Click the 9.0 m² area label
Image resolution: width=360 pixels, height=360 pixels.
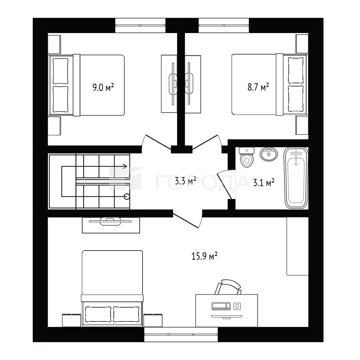(103, 88)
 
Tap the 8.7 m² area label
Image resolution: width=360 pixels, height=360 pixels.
(258, 87)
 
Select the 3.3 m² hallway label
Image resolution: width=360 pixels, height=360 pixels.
(185, 181)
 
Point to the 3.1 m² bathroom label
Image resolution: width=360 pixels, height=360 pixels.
(264, 183)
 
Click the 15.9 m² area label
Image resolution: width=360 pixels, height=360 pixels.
(205, 256)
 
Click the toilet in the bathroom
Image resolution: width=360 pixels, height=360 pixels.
(247, 157)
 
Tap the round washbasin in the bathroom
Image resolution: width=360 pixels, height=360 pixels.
(269, 154)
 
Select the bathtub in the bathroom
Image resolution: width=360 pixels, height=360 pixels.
(296, 178)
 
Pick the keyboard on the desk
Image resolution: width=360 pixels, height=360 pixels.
(221, 306)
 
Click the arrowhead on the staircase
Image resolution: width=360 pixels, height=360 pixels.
(125, 166)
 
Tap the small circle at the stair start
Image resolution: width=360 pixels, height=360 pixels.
(127, 196)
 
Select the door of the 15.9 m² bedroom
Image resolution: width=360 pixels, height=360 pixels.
(187, 220)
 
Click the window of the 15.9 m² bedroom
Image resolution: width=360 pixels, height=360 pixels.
(181, 335)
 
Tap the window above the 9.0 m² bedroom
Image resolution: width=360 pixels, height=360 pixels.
(140, 25)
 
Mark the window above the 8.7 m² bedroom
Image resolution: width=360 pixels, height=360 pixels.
(224, 25)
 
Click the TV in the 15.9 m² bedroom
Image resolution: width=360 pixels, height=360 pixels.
(111, 221)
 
